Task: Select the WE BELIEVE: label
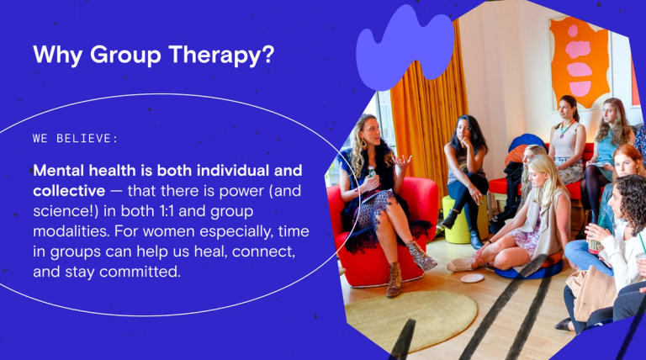pos(76,139)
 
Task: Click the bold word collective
pos(69,191)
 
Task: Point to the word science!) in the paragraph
pos(66,211)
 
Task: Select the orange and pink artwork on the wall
pos(580,61)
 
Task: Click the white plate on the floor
pos(472,278)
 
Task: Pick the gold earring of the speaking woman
pos(363,143)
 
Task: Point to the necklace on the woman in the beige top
pos(565,128)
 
